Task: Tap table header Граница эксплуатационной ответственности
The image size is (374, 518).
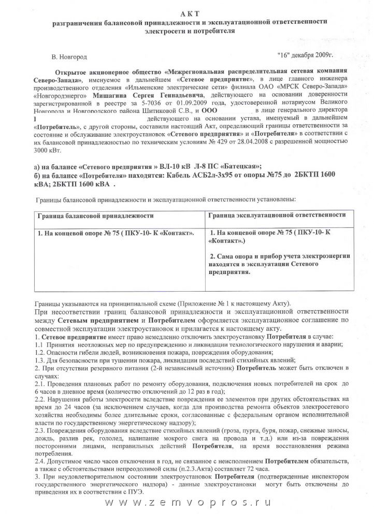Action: (277, 214)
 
